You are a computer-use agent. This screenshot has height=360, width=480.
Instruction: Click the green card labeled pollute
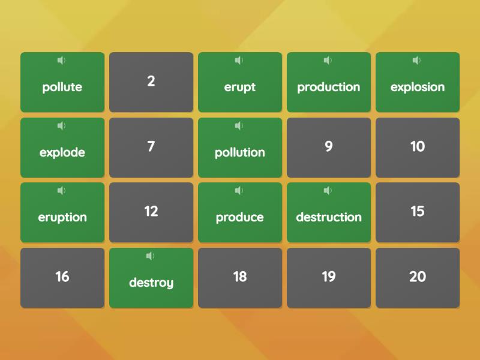point(62,82)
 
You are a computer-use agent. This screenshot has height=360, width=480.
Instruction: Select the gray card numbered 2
point(151,82)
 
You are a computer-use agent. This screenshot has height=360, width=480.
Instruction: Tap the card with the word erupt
point(240,82)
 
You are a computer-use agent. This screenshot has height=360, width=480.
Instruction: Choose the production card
point(329,82)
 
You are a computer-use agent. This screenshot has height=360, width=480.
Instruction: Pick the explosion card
point(418,82)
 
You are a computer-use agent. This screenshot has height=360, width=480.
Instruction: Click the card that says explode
point(62,148)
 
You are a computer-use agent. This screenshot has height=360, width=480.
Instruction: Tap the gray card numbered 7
point(151,148)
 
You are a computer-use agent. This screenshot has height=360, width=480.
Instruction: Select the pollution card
point(240,148)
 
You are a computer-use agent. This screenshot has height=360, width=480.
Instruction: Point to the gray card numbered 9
point(329,148)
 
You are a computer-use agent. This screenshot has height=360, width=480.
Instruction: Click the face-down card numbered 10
point(418,148)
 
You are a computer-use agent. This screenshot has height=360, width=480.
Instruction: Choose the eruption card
point(62,212)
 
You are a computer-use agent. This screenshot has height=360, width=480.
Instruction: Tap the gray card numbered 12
point(151,212)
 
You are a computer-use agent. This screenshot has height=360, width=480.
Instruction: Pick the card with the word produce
point(240,212)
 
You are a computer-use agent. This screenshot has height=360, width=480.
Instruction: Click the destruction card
point(329,212)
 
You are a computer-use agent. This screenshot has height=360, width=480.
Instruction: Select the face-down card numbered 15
point(418,212)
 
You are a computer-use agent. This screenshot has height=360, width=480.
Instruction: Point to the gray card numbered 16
point(62,278)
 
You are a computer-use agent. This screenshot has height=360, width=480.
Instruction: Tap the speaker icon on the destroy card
point(150,256)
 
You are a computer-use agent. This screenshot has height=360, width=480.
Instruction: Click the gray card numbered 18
point(240,278)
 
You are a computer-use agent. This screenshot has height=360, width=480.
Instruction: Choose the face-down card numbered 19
point(329,278)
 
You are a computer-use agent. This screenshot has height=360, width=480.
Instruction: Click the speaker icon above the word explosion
point(416,61)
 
